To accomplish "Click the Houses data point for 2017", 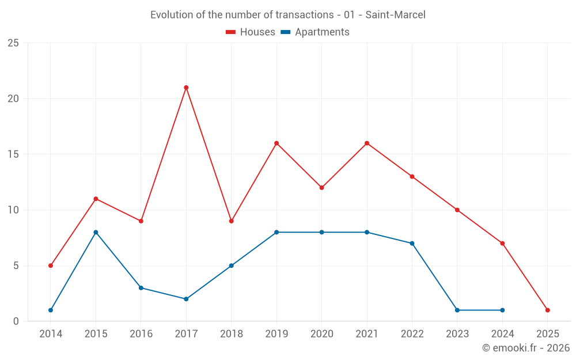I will point(186,88).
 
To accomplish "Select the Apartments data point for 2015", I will point(96,232).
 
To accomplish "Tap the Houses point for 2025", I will point(547,310).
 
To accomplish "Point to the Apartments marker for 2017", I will point(186,299).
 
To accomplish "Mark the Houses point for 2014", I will point(51,266).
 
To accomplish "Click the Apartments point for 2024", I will point(502,310).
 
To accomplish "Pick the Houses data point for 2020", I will point(321,188).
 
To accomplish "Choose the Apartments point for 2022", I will point(412,243).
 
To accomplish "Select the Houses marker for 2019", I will point(276,143).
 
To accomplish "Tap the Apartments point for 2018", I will point(231,266).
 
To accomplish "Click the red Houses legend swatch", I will point(231,32).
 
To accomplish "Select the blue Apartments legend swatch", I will point(285,32).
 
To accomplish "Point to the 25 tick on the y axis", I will point(13,43).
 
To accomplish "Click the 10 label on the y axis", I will point(13,210).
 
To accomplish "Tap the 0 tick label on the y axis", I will point(16,321).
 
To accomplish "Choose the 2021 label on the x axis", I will point(366,334).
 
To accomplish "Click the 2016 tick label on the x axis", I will point(141,334).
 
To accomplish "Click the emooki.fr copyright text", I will point(525,348).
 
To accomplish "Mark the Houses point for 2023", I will point(457,210).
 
